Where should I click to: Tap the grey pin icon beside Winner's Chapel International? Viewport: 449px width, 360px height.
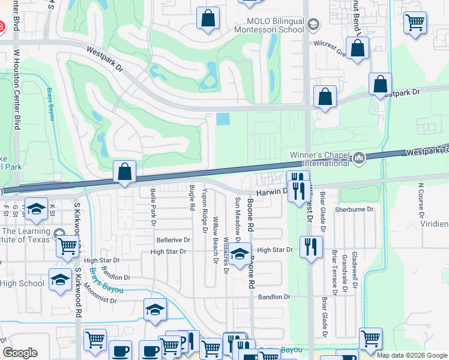tap(359, 158)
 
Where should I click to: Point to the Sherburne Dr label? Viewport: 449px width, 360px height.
tap(354, 209)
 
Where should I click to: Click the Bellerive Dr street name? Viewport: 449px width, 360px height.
tap(173, 240)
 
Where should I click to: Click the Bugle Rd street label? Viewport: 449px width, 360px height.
tap(192, 198)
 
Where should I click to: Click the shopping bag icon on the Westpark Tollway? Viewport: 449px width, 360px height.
tap(124, 172)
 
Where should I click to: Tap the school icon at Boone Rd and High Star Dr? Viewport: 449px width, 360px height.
tap(240, 254)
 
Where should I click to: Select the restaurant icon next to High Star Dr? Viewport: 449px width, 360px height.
tap(310, 247)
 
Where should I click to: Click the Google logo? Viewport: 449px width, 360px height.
tap(20, 353)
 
